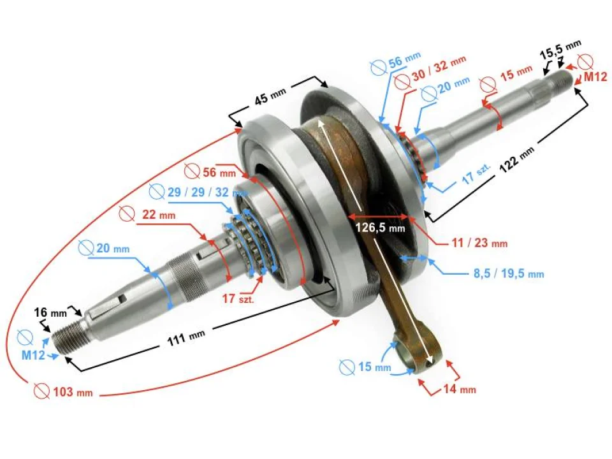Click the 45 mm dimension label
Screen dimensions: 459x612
(x=270, y=99)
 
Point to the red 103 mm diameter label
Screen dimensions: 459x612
(x=70, y=391)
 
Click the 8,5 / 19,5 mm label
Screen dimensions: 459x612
(x=508, y=273)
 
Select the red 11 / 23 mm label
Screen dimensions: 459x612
(x=479, y=243)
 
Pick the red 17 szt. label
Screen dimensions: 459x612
(x=237, y=298)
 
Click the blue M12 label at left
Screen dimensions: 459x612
(x=33, y=355)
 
